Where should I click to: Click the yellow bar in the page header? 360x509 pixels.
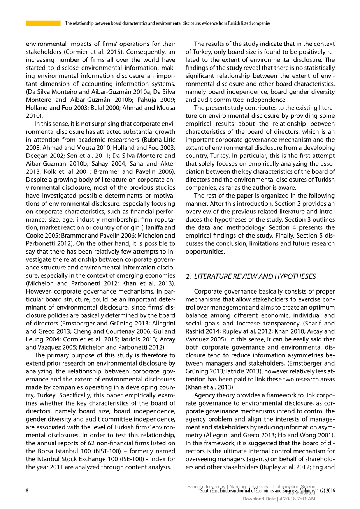coord(43,23)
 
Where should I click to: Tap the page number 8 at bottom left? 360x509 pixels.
coord(27,491)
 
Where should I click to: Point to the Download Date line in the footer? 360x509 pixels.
coord(279,499)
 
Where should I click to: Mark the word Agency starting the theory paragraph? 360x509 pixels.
coord(204,395)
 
